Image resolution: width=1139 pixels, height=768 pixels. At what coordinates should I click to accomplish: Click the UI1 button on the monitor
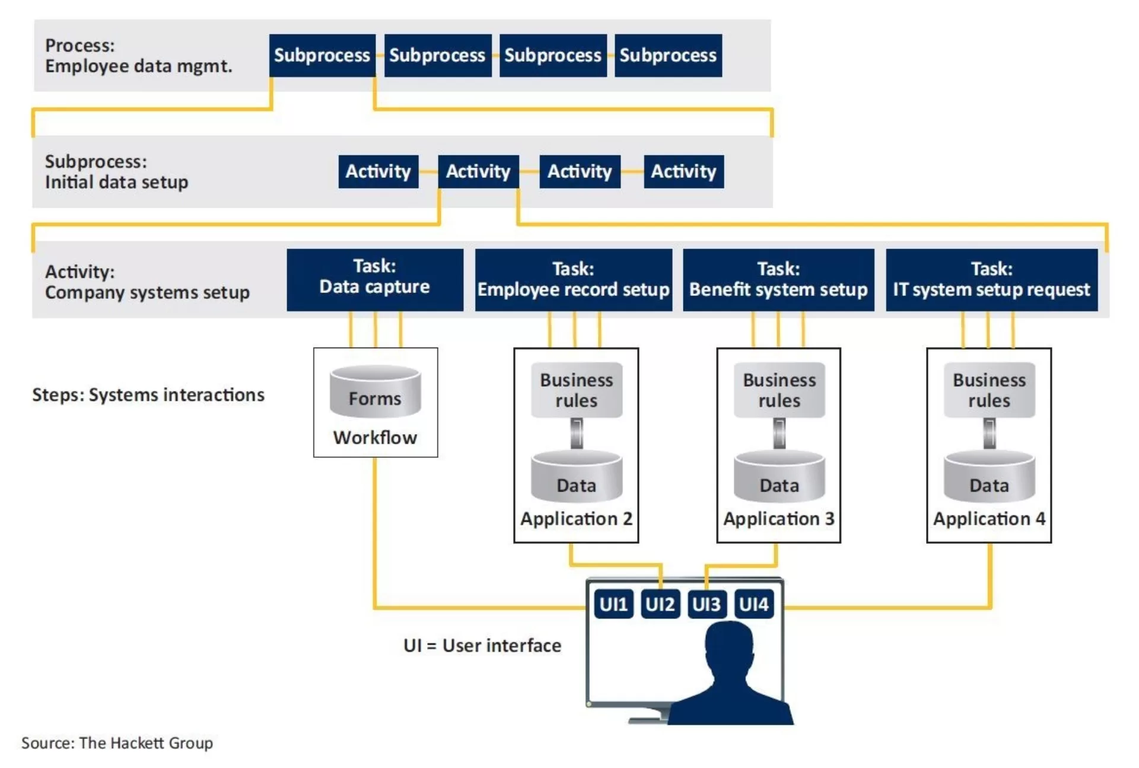click(x=613, y=604)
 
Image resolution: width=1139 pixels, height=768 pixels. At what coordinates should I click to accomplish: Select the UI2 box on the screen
click(x=660, y=604)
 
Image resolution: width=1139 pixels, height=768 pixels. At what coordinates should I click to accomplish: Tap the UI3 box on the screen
click(x=707, y=604)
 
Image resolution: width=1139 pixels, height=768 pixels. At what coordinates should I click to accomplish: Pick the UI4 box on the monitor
click(x=754, y=604)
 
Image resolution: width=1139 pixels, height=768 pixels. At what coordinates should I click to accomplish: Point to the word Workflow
click(x=375, y=438)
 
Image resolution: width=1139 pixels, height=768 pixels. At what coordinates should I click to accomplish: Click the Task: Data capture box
click(x=375, y=280)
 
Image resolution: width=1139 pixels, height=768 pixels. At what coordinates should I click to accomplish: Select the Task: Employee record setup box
click(x=574, y=280)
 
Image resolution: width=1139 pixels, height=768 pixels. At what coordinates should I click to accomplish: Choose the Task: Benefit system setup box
click(x=778, y=280)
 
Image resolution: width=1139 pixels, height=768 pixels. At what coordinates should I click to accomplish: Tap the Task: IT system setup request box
click(x=992, y=280)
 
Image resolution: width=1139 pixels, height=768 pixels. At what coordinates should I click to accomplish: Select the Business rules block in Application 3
click(x=780, y=390)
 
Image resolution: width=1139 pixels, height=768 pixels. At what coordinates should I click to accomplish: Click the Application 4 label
click(x=990, y=519)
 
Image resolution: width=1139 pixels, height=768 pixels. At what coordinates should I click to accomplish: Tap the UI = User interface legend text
click(x=482, y=645)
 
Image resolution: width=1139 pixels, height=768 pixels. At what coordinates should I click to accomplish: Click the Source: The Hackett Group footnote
click(x=117, y=743)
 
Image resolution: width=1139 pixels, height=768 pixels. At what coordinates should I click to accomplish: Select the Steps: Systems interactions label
click(x=148, y=395)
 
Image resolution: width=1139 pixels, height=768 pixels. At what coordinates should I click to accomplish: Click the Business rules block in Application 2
click(x=577, y=390)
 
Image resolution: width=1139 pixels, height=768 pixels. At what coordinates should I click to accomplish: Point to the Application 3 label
click(x=779, y=519)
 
